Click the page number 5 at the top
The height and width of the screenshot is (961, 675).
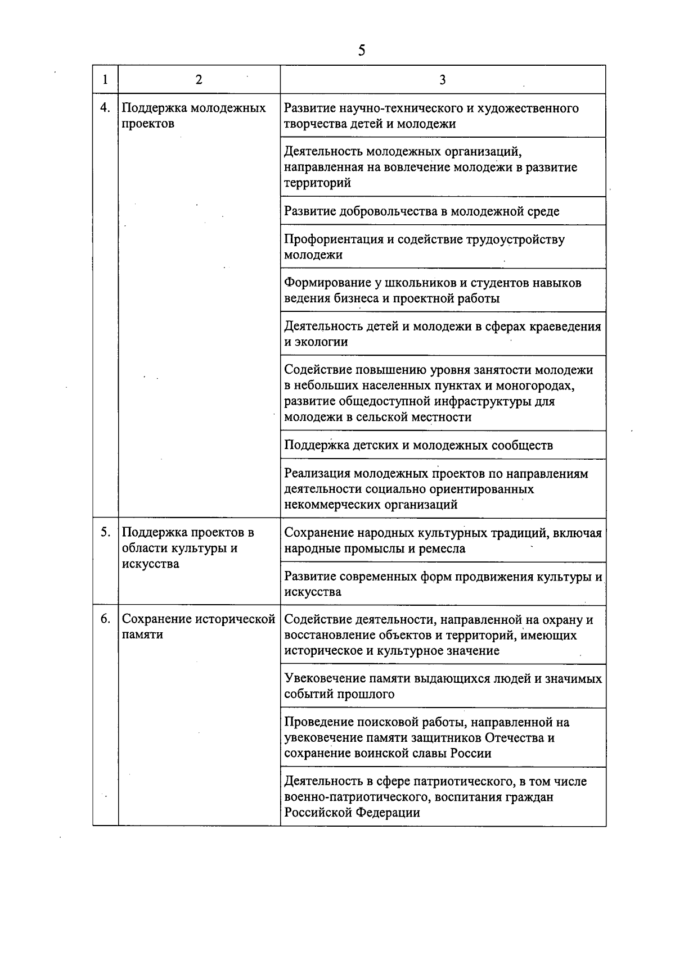[x=361, y=51]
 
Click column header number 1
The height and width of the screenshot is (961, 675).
[x=105, y=79]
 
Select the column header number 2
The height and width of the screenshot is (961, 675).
[x=199, y=79]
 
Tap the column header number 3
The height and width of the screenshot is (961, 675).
[x=443, y=79]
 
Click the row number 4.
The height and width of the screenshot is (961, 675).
[x=105, y=107]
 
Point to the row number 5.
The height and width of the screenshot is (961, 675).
[x=105, y=532]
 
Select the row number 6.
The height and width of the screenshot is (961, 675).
[x=105, y=619]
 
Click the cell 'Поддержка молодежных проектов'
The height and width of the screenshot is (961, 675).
[x=193, y=116]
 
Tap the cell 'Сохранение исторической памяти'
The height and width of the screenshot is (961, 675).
[x=198, y=627]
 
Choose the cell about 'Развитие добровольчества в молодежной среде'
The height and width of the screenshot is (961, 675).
[x=421, y=211]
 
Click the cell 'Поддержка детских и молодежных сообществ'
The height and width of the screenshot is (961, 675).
[x=418, y=446]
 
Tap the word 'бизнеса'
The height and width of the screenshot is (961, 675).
[x=358, y=298]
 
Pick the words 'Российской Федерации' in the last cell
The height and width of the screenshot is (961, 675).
[x=352, y=813]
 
